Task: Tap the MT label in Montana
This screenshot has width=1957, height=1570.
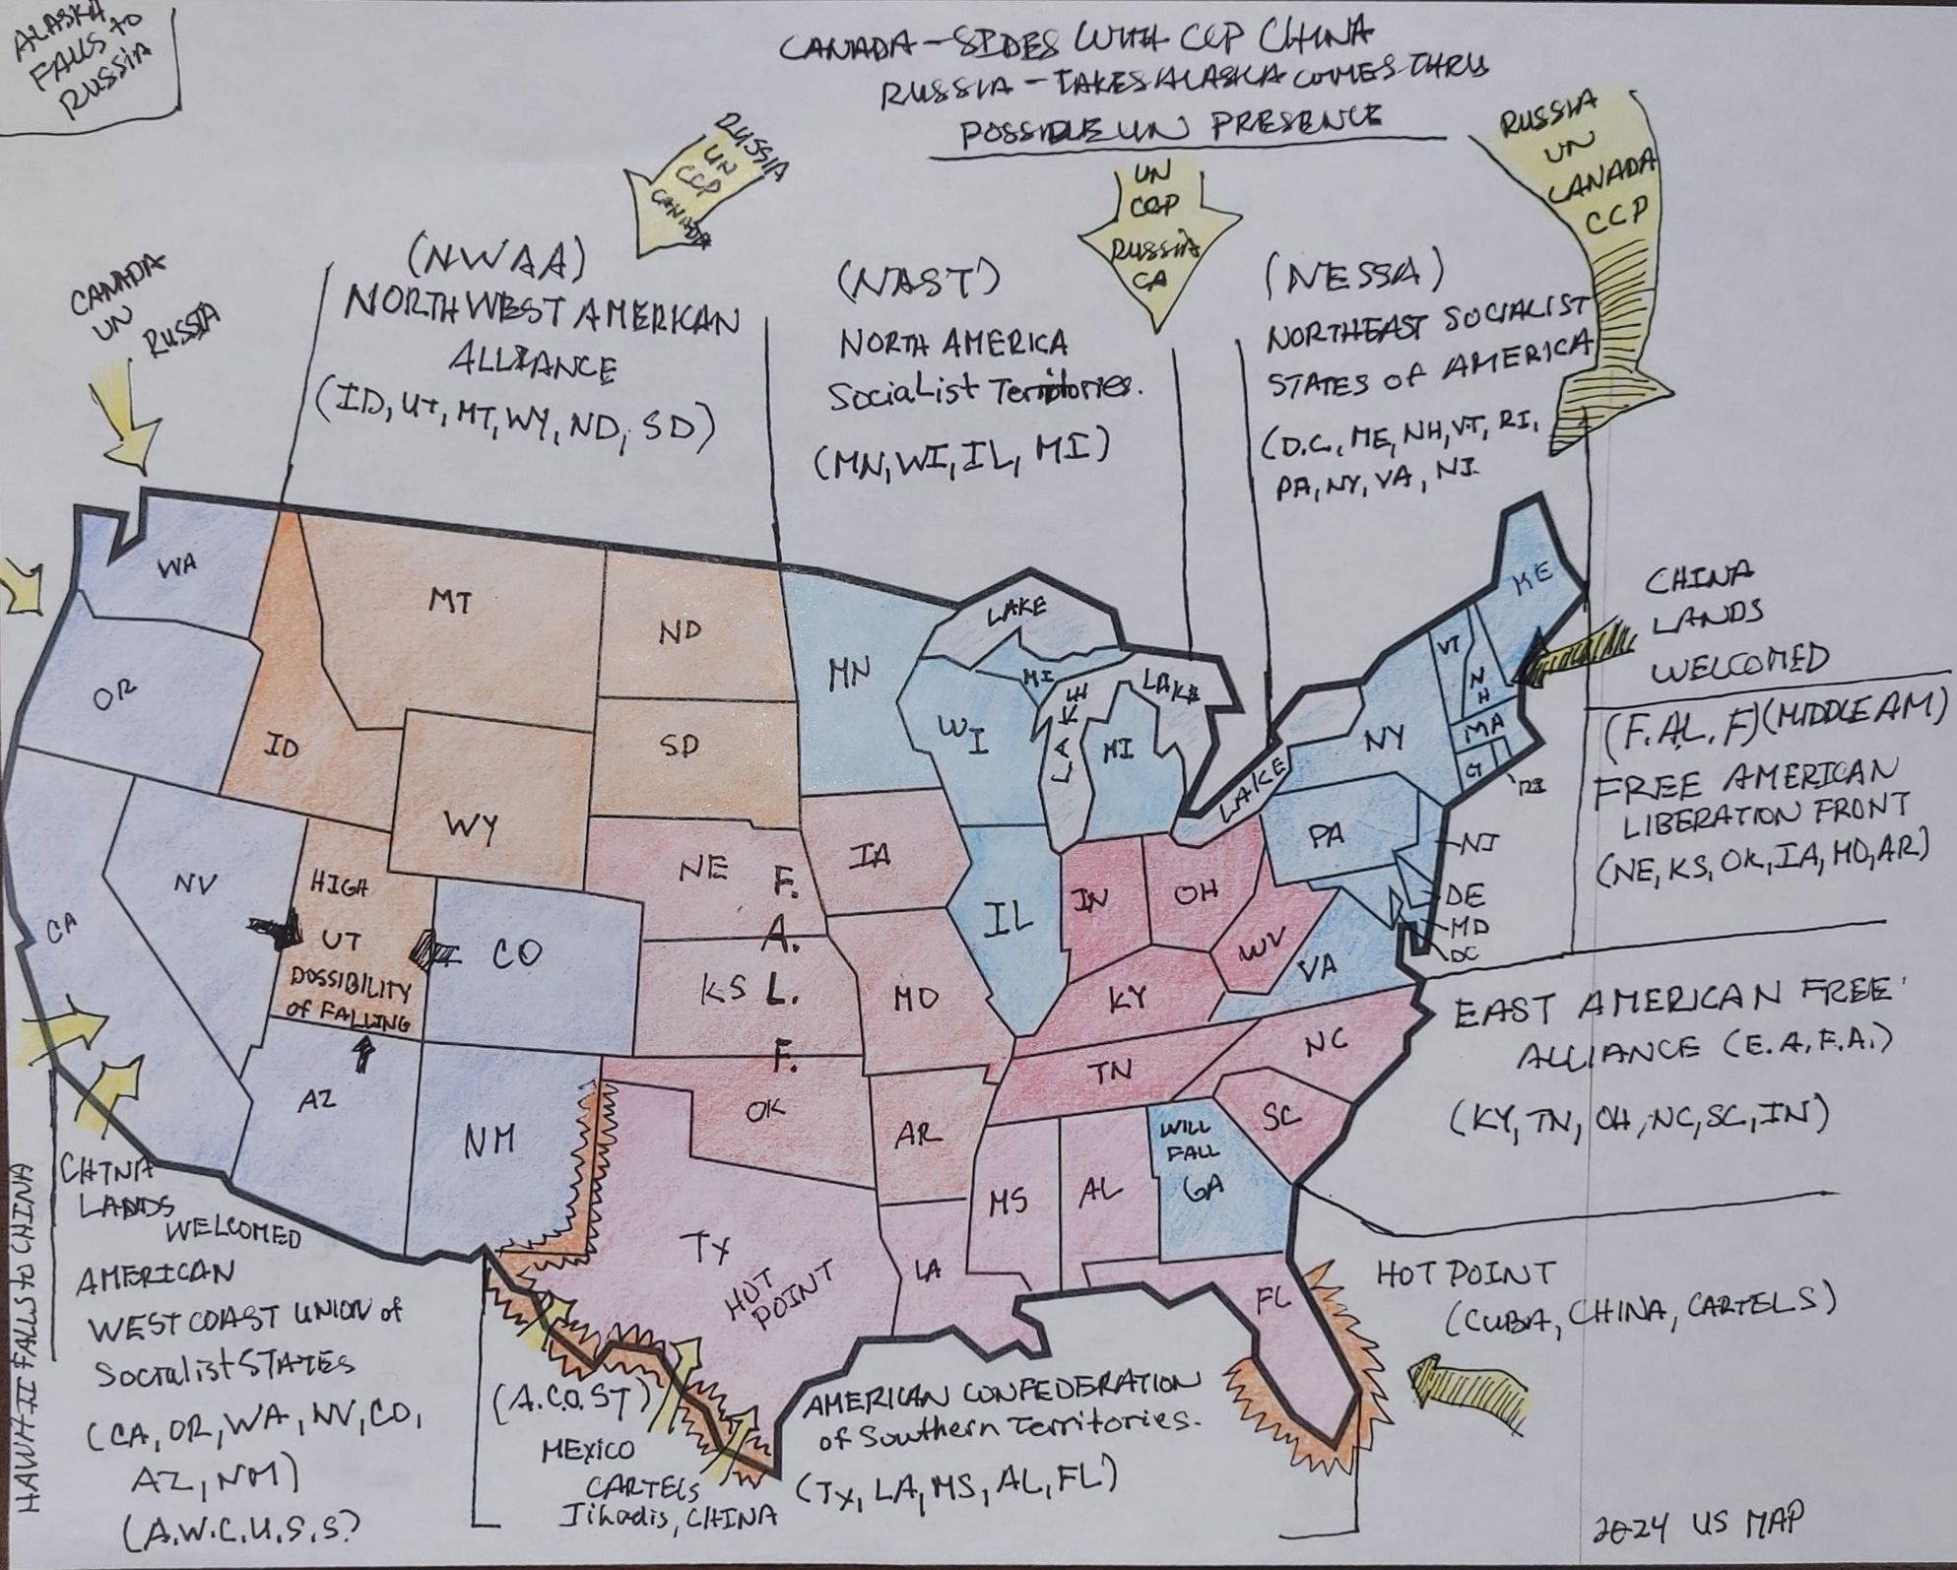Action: click(450, 600)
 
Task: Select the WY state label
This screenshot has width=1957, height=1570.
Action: click(469, 825)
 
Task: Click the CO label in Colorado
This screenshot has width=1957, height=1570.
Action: click(516, 954)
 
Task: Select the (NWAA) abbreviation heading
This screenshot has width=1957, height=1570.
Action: click(497, 262)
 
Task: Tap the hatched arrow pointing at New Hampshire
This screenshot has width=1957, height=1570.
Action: click(1570, 654)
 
